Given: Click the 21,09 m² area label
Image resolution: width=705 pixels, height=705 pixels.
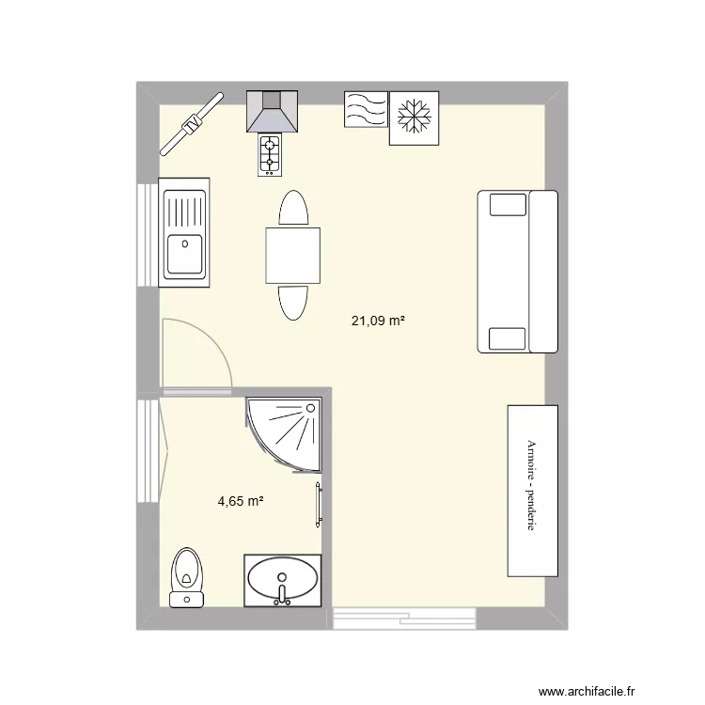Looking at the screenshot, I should [378, 321].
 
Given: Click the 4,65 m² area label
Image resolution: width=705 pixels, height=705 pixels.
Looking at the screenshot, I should [240, 501].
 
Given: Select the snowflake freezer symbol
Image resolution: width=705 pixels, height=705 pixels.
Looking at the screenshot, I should [415, 118].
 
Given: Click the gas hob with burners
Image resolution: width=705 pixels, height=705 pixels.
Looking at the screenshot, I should [271, 155].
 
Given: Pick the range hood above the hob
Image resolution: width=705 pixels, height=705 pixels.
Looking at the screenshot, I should [272, 112].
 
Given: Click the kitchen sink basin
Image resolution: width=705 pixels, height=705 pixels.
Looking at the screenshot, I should [184, 254].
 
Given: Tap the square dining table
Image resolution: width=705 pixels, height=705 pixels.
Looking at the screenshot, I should [292, 255].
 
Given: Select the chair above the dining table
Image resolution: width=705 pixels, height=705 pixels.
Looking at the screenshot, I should [292, 208].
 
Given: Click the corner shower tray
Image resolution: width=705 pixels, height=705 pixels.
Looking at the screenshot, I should [285, 431].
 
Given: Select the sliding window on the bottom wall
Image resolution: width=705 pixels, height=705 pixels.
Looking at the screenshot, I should [403, 618].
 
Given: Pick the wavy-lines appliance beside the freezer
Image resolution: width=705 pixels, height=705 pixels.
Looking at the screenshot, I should [366, 110].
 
